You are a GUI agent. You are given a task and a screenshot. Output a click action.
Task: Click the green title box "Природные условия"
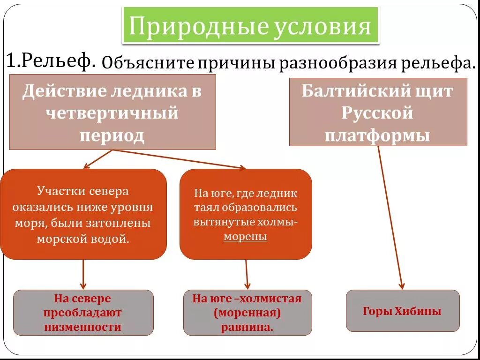pyautogui.click(x=250, y=26)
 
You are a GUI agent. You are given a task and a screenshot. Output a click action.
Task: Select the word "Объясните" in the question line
pyautogui.click(x=148, y=63)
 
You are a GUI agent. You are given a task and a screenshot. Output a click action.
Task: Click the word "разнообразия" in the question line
pyautogui.click(x=337, y=63)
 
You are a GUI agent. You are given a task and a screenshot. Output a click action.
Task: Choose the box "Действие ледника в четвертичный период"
pyautogui.click(x=112, y=112)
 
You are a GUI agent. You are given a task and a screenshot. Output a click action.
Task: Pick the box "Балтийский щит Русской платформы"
pyautogui.click(x=378, y=112)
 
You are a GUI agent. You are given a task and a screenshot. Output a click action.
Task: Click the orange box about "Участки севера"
pyautogui.click(x=83, y=214)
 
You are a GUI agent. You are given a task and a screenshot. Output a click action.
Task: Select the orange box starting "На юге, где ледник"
pyautogui.click(x=246, y=214)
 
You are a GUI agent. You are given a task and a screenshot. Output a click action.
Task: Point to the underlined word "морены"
pyautogui.click(x=245, y=237)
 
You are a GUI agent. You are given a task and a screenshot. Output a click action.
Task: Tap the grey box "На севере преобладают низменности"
pyautogui.click(x=83, y=313)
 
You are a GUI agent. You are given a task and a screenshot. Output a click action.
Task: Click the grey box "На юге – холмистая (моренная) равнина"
pyautogui.click(x=247, y=313)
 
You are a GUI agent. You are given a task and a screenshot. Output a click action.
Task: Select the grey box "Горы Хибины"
pyautogui.click(x=402, y=311)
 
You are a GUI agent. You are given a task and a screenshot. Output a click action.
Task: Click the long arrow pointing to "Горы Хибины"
pyautogui.click(x=390, y=216)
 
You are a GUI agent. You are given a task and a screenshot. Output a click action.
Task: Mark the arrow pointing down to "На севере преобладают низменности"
pyautogui.click(x=83, y=274)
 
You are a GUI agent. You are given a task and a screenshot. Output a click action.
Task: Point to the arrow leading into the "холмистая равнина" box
pyautogui.click(x=247, y=274)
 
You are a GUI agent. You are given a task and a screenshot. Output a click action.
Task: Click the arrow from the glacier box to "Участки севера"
pyautogui.click(x=98, y=158)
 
